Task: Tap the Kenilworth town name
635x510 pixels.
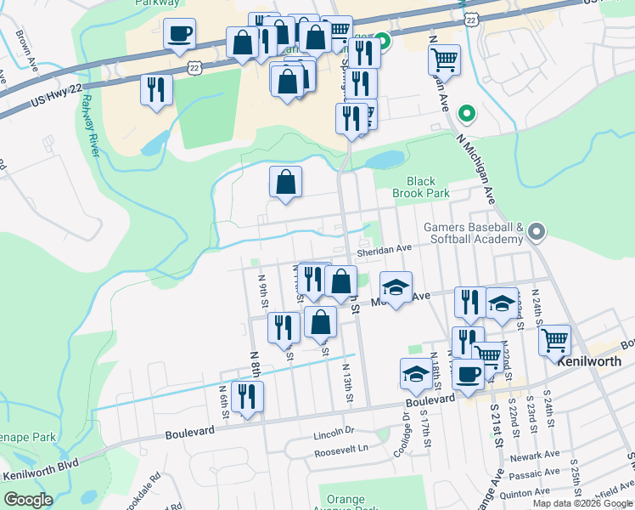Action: [595, 360]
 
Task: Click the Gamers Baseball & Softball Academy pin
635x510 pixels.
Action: [536, 231]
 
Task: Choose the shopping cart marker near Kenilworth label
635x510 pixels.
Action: [554, 341]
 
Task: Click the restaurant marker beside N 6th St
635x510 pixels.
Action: [247, 397]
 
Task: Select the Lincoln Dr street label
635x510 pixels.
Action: [333, 432]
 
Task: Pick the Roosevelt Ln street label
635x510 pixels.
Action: [341, 448]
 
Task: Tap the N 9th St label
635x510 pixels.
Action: [264, 289]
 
